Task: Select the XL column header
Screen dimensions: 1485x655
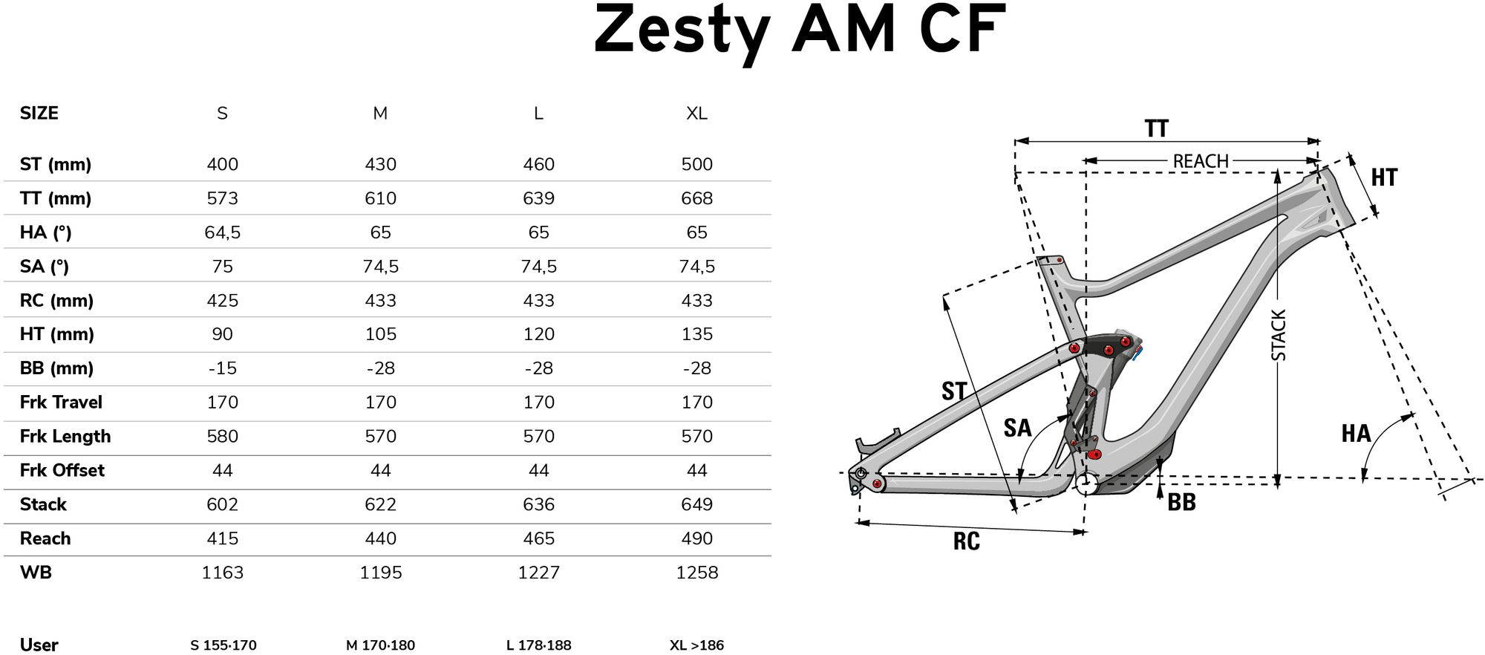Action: click(x=696, y=114)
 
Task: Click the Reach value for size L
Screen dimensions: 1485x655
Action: click(x=538, y=538)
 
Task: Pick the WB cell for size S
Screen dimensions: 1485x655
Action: click(x=222, y=573)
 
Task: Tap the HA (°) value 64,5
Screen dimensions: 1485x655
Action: click(x=222, y=232)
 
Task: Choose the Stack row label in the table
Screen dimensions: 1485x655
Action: click(x=43, y=504)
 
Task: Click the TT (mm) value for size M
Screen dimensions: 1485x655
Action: click(x=380, y=198)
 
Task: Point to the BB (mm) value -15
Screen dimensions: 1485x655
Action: click(x=222, y=368)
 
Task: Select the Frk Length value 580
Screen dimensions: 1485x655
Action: click(x=222, y=436)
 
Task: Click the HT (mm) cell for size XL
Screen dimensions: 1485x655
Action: click(x=696, y=334)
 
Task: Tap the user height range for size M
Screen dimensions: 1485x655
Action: click(x=380, y=645)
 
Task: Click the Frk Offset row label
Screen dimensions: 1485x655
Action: click(x=62, y=470)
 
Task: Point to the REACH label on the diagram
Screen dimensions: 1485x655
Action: click(x=1201, y=161)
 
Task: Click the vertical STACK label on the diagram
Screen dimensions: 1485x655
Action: click(x=1279, y=336)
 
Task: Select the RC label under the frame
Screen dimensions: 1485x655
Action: click(x=966, y=541)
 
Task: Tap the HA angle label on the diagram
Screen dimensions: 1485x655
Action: click(x=1356, y=434)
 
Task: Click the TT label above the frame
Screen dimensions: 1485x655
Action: click(x=1157, y=128)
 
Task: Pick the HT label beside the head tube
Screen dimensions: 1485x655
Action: click(x=1384, y=177)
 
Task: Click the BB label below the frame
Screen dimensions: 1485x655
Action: click(x=1181, y=503)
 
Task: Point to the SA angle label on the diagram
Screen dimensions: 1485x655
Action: click(x=1017, y=428)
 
